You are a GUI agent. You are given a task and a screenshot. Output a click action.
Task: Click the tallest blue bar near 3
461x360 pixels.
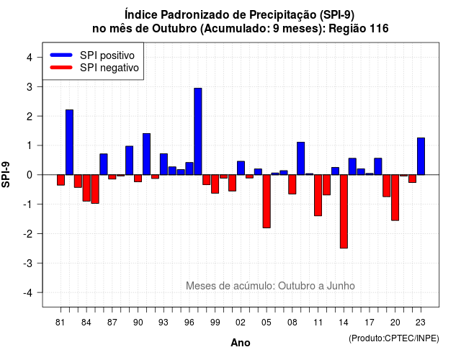pos(198,131)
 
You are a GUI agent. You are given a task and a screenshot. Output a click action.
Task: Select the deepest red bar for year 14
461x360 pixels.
pos(344,212)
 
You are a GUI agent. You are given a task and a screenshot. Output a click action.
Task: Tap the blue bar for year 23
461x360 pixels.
pos(421,156)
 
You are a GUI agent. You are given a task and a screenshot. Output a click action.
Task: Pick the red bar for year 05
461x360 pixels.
pos(267,202)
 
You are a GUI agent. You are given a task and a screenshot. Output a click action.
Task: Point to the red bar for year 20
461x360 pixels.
pos(395,197)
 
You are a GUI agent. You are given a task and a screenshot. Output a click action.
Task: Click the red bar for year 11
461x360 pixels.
pos(318,195)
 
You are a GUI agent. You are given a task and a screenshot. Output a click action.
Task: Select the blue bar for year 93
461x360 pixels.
pos(164,164)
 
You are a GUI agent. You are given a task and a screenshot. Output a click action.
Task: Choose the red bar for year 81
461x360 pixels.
pos(61,180)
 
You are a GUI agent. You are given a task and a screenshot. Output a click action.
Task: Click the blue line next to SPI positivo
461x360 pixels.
pos(61,55)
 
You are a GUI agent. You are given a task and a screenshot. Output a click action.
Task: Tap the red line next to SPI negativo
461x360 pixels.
pos(61,67)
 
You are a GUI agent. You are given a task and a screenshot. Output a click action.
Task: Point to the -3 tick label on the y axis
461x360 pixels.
pos(28,263)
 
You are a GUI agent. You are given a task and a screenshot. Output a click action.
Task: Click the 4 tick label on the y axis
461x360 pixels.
pos(30,58)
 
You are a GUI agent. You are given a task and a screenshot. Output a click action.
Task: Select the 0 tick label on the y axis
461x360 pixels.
pos(30,175)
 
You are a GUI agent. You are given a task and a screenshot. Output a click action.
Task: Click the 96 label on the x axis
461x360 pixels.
pos(189,323)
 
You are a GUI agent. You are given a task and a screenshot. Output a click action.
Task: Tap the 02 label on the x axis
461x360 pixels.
pos(241,323)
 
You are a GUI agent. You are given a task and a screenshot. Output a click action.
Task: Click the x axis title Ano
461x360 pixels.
pos(241,343)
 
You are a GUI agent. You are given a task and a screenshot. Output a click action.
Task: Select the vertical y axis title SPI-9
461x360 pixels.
pos(6,174)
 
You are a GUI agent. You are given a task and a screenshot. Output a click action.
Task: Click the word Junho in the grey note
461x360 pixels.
pos(341,286)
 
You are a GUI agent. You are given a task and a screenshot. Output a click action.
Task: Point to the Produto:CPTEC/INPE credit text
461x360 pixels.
pos(394,338)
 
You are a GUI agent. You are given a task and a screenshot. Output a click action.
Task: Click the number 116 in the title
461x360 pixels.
pos(379,29)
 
